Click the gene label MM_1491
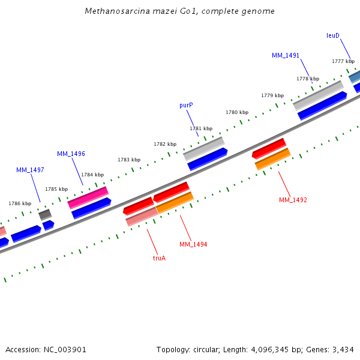tap(285, 55)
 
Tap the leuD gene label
tap(333, 35)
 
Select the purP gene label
tap(186, 105)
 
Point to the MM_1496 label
tap(71, 154)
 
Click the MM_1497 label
tap(30, 170)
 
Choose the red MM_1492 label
tap(293, 200)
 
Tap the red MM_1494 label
tap(193, 244)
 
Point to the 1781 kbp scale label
tap(201, 128)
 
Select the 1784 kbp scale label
tap(92, 175)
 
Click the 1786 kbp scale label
tap(20, 203)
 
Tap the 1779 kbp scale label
tap(272, 95)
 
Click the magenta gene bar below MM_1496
tap(88, 197)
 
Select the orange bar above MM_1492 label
tap(272, 159)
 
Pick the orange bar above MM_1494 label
tap(175, 203)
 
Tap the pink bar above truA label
tap(141, 217)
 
